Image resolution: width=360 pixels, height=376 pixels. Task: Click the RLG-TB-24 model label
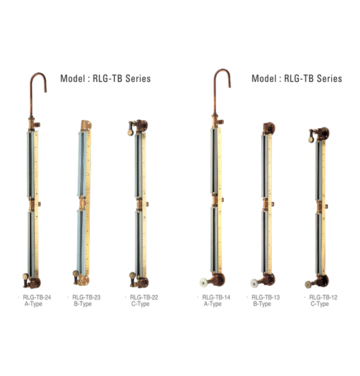click(x=37, y=298)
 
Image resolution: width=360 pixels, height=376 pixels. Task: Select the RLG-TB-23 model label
click(x=86, y=298)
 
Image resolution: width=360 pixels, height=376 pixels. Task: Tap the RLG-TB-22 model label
click(x=144, y=298)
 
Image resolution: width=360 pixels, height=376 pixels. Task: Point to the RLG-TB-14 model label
click(x=216, y=298)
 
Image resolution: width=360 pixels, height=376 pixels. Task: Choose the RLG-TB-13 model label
click(x=266, y=298)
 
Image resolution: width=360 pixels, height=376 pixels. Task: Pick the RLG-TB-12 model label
click(x=323, y=298)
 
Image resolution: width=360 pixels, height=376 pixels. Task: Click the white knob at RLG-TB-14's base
click(x=204, y=282)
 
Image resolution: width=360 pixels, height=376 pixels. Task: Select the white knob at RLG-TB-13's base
click(x=255, y=283)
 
